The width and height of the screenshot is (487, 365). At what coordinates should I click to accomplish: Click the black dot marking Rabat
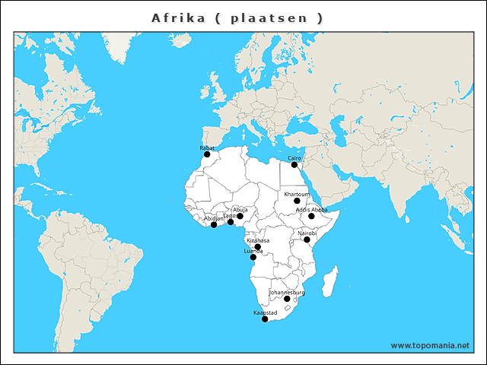[207, 154]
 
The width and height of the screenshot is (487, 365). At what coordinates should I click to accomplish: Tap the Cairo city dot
[294, 164]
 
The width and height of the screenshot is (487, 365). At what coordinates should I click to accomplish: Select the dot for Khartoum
[297, 201]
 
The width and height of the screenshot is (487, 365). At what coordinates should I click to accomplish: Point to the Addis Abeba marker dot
[311, 216]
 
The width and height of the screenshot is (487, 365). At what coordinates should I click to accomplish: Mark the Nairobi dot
[307, 240]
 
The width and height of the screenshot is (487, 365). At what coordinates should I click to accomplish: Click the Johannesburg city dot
[287, 299]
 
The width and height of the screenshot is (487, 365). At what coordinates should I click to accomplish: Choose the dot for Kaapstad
[265, 319]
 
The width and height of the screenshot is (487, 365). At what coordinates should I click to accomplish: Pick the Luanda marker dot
[253, 257]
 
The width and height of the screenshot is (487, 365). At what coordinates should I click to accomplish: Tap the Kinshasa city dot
[258, 246]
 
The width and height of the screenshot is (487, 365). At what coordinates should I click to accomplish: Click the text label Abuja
[240, 209]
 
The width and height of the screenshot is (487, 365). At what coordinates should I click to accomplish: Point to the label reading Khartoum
[297, 194]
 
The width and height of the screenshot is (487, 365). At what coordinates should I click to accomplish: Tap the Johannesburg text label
[287, 292]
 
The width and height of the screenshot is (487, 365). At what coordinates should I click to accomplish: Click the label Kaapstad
[265, 313]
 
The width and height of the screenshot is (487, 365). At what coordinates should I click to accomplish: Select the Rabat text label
[207, 148]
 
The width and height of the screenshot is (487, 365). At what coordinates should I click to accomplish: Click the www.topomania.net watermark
[430, 345]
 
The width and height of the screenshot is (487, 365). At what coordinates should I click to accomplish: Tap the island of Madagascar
[330, 281]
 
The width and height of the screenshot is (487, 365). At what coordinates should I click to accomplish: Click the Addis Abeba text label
[311, 209]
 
